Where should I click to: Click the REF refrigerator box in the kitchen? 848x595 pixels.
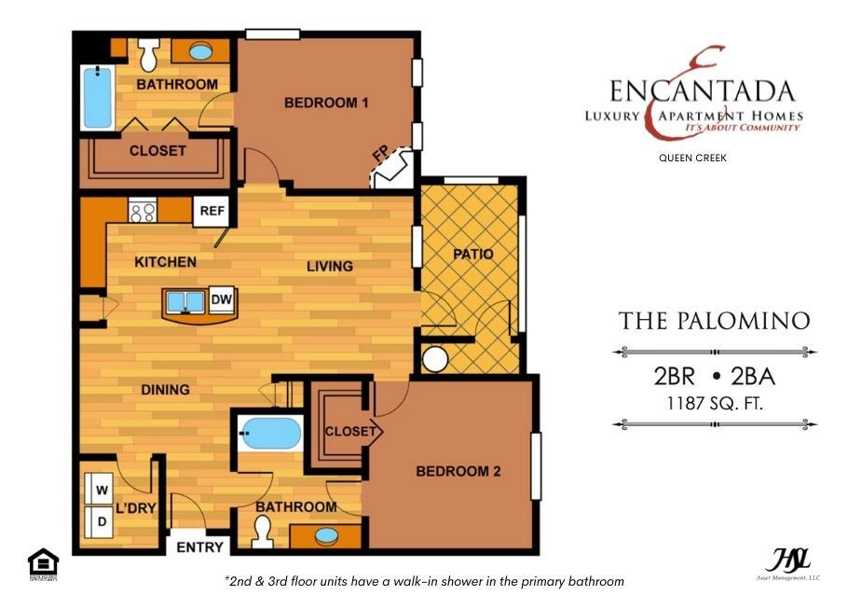click(212, 211)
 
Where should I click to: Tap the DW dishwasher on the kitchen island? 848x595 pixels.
click(222, 300)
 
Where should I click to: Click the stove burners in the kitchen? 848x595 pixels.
click(143, 212)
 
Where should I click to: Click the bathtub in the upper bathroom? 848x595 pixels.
click(97, 98)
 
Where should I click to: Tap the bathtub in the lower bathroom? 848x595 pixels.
click(270, 434)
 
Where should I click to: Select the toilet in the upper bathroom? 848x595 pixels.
click(148, 56)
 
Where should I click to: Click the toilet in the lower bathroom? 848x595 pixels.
click(261, 532)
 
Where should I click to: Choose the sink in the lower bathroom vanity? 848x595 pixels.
click(326, 536)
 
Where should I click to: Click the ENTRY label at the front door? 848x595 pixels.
click(199, 547)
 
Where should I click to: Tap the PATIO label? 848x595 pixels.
click(472, 254)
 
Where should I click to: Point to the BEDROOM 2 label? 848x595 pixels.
click(458, 472)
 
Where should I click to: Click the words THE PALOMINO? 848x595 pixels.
click(714, 321)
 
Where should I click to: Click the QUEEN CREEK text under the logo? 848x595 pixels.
click(691, 159)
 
